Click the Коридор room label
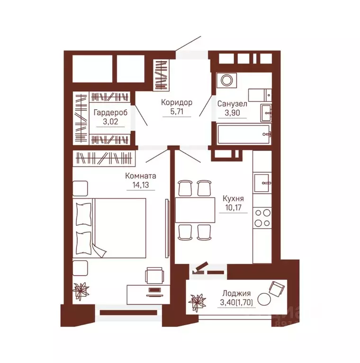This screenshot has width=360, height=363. (x=177, y=102)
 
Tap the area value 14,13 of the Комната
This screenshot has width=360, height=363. (x=140, y=185)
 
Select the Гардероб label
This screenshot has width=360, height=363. (x=110, y=113)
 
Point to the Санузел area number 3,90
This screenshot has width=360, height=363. (x=232, y=113)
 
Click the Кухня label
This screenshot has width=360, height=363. (x=233, y=198)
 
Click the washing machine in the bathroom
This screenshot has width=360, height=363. (x=226, y=80)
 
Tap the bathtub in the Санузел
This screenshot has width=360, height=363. (x=244, y=134)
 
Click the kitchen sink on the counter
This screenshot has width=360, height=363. (x=262, y=183)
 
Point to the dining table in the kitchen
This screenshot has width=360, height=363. (x=195, y=210)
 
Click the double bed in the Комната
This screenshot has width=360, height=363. (x=109, y=228)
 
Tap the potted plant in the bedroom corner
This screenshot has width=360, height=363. (x=81, y=290)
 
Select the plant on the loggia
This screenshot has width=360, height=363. (x=197, y=302)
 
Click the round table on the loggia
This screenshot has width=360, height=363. (x=264, y=299)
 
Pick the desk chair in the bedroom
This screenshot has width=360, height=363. (x=155, y=275)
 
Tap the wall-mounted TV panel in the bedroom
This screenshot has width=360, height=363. (x=167, y=228)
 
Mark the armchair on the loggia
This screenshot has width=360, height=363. (x=276, y=289)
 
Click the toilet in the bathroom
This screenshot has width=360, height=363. (x=260, y=95)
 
